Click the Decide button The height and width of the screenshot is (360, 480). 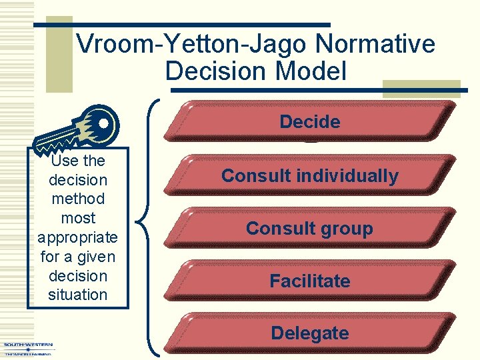(310, 122)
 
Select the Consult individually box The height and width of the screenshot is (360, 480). (310, 176)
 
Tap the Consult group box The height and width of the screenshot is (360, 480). (310, 229)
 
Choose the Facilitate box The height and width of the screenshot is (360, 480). (310, 281)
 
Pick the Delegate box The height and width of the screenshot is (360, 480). (310, 333)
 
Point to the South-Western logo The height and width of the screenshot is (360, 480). (28, 349)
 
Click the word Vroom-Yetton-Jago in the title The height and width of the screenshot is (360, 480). (193, 45)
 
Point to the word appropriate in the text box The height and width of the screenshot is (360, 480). (77, 237)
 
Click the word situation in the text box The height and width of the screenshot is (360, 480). (77, 295)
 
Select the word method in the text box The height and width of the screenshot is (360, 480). (77, 199)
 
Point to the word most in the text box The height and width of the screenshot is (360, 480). (77, 218)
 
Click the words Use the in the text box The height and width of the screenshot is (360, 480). (77, 161)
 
